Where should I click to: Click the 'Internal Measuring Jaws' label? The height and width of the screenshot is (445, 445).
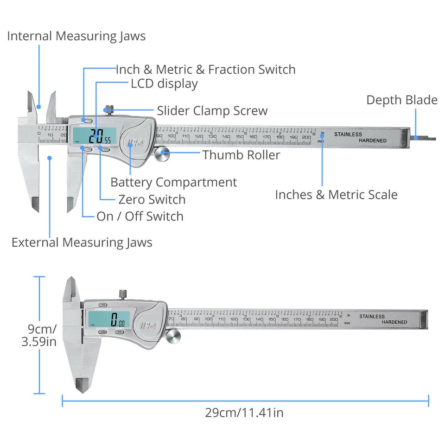click(76, 36)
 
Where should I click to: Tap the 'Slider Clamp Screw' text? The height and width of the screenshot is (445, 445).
click(212, 111)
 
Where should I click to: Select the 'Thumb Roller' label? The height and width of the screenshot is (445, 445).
click(241, 155)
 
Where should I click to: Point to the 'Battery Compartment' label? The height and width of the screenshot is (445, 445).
click(173, 182)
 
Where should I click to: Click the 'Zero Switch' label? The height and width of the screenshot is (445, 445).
click(152, 200)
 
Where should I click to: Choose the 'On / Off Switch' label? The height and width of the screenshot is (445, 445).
click(140, 216)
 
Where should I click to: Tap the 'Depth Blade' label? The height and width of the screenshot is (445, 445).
click(401, 100)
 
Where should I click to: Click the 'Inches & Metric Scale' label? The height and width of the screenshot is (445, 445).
click(336, 195)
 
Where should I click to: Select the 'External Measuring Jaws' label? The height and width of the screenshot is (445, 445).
click(82, 242)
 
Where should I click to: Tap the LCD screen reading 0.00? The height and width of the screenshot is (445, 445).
click(109, 319)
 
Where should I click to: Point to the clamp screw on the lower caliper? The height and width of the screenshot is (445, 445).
click(123, 294)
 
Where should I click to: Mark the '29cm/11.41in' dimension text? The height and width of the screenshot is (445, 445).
click(244, 413)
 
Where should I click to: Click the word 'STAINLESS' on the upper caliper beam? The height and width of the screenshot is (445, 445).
click(348, 134)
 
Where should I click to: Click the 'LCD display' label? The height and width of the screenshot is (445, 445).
click(164, 84)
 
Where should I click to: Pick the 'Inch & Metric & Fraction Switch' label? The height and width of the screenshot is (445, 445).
click(205, 70)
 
